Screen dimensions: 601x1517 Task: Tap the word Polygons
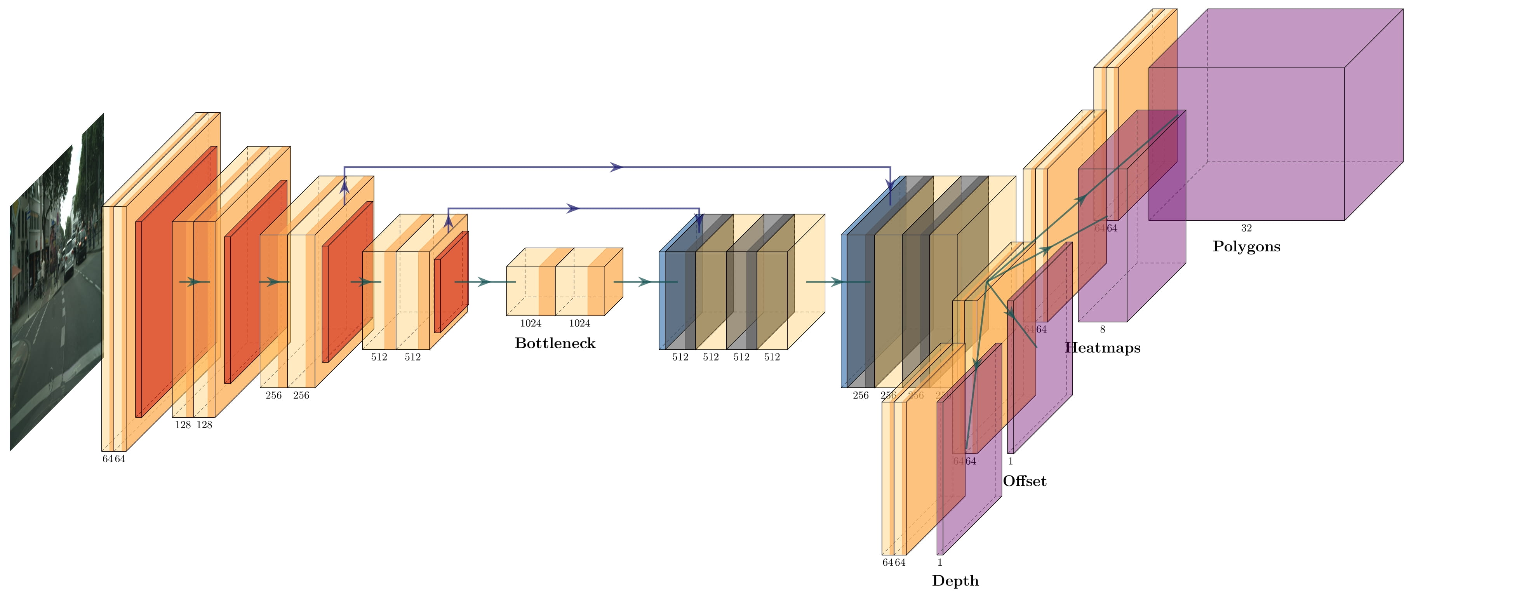(x=1246, y=247)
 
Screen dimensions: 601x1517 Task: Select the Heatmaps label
(x=1103, y=348)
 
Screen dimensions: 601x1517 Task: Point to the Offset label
(x=1024, y=481)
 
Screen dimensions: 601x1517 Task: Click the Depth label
(x=955, y=581)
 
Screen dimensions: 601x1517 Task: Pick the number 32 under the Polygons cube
(x=1246, y=228)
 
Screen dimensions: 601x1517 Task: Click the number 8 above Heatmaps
(x=1103, y=330)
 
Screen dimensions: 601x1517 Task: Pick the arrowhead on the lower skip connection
(x=573, y=209)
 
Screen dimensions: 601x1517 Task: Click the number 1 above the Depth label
(x=940, y=563)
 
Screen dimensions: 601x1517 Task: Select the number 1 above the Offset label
(x=1011, y=462)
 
